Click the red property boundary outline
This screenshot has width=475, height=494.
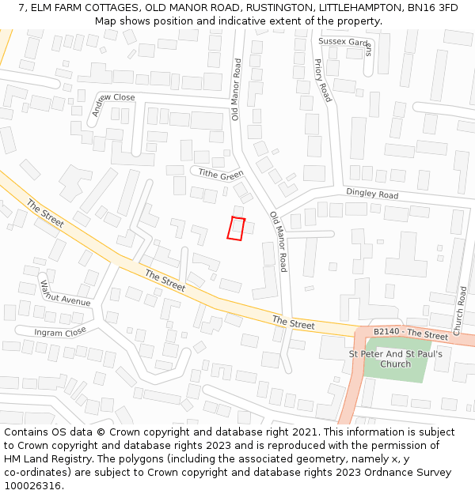tap(236, 228)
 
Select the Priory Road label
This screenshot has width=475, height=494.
tap(322, 80)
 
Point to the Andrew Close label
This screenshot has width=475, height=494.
tap(112, 105)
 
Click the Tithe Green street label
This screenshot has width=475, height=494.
tap(220, 174)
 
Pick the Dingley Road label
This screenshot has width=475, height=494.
tap(371, 194)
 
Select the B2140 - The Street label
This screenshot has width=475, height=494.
tap(410, 335)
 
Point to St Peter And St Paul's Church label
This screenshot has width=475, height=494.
tap(395, 359)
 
